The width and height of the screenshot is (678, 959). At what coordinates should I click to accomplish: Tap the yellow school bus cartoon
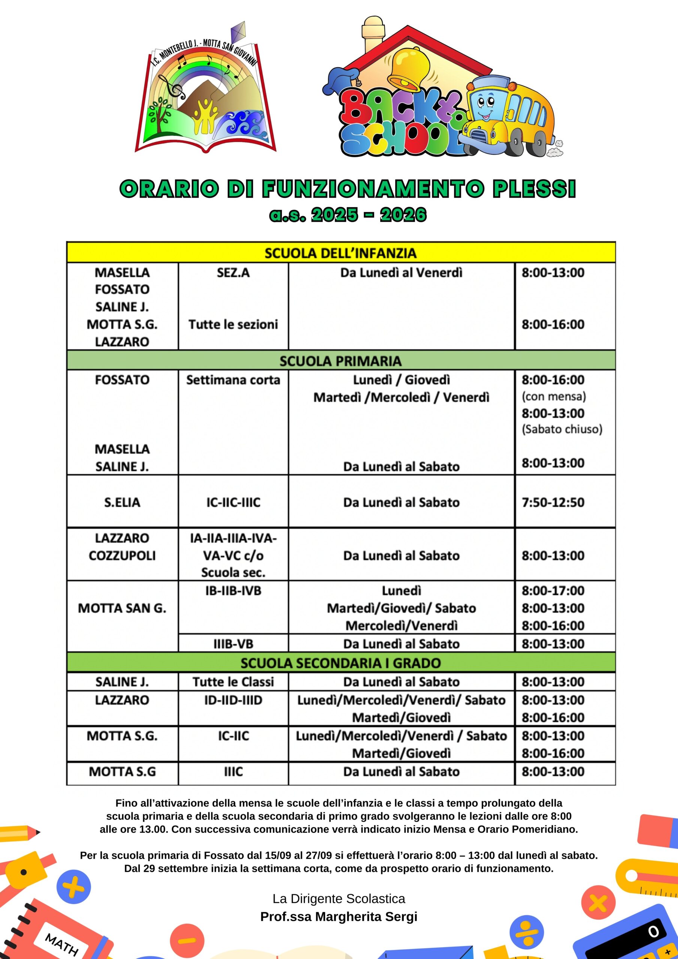(x=512, y=117)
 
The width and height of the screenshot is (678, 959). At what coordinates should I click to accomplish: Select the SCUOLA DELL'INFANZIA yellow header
(x=340, y=253)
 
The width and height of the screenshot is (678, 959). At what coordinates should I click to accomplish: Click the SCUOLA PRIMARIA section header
(x=340, y=360)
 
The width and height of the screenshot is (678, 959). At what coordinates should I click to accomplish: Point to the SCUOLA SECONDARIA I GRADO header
(x=340, y=663)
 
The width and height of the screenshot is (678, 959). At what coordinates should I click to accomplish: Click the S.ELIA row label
(x=122, y=502)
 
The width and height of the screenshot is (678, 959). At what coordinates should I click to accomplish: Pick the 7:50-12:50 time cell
(x=553, y=502)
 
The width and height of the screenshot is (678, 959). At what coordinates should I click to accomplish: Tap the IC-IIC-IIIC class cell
(x=233, y=502)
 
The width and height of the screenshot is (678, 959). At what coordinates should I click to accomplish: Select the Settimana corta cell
(x=233, y=380)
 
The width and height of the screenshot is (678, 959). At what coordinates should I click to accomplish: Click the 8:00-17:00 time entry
(x=553, y=591)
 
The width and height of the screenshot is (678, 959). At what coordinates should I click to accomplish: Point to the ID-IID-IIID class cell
(x=233, y=700)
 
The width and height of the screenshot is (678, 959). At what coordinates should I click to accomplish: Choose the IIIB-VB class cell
(x=233, y=644)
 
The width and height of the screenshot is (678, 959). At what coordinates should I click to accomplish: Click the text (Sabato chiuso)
(x=562, y=429)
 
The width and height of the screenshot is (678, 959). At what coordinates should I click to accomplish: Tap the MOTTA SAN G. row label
(x=122, y=608)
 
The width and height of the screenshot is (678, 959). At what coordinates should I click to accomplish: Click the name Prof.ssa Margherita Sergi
(x=339, y=916)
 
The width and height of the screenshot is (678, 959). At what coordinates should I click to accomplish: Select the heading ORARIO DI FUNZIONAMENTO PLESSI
(x=348, y=189)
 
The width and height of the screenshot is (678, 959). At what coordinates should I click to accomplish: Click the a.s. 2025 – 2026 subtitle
(x=348, y=215)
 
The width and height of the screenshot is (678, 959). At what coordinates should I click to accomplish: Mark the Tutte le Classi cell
(x=233, y=682)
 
